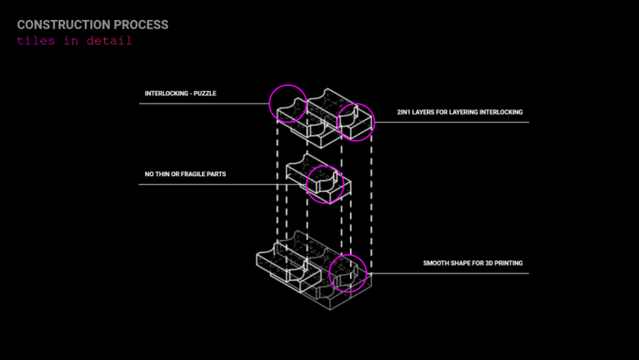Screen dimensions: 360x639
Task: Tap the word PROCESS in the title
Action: (x=137, y=25)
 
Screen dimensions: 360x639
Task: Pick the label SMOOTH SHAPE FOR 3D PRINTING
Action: (x=473, y=263)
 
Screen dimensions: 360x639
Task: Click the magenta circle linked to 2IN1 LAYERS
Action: (x=355, y=121)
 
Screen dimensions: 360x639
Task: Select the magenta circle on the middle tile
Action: (x=325, y=184)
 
